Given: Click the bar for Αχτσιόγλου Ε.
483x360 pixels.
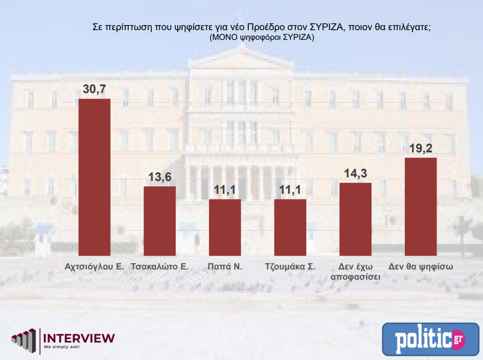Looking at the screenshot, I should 94,176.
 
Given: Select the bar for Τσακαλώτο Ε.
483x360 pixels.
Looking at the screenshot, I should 159,220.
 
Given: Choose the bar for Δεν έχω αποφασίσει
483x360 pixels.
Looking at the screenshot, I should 355,218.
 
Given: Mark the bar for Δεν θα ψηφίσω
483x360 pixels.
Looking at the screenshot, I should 421,206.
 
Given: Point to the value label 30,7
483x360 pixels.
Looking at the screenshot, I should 94,89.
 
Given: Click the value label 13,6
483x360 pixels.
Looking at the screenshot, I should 159,177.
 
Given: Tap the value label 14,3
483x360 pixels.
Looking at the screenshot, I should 355,173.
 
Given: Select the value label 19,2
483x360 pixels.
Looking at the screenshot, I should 421,148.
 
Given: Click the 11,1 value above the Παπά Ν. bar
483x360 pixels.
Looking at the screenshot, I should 225,190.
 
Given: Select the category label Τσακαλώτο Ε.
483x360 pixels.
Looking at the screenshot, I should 160,267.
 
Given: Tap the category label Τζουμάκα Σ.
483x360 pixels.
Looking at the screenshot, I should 290,267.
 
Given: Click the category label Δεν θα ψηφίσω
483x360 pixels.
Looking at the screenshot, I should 421,267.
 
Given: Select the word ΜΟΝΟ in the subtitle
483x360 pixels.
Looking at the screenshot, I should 222,38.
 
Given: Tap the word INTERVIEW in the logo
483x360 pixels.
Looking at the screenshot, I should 79,338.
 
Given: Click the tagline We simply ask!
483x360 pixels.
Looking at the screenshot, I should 61,347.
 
